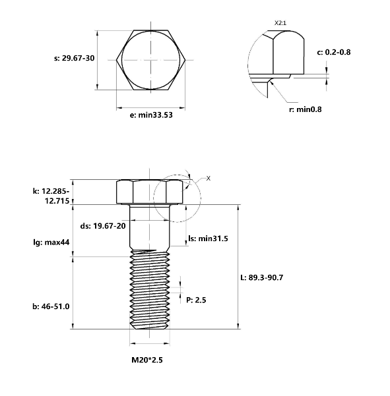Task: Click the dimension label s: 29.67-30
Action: [74, 58]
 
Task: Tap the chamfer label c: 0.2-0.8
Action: [333, 51]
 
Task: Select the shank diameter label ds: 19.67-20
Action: [103, 225]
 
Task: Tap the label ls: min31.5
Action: [208, 238]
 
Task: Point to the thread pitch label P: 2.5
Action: [197, 300]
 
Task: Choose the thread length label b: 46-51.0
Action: [51, 306]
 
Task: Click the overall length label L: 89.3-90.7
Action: [262, 277]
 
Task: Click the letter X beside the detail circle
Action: [208, 178]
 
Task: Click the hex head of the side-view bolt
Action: [151, 192]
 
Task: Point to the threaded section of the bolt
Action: [151, 290]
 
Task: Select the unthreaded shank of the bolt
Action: [151, 227]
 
